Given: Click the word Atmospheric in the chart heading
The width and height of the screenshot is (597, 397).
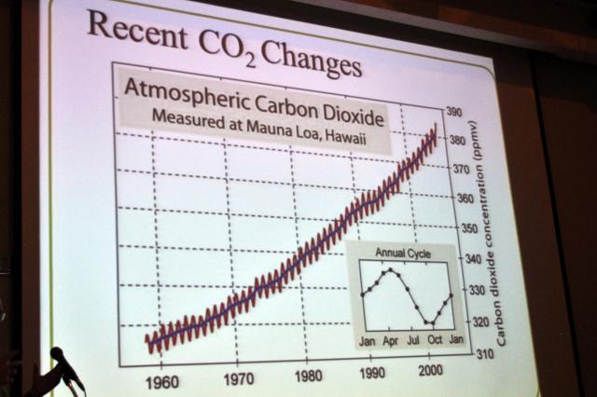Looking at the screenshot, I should click(185, 92).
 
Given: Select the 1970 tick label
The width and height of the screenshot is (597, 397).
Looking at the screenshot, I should click(238, 379).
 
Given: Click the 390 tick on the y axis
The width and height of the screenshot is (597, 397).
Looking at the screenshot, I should click(455, 112).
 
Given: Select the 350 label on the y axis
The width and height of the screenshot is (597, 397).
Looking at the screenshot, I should click(465, 228).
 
